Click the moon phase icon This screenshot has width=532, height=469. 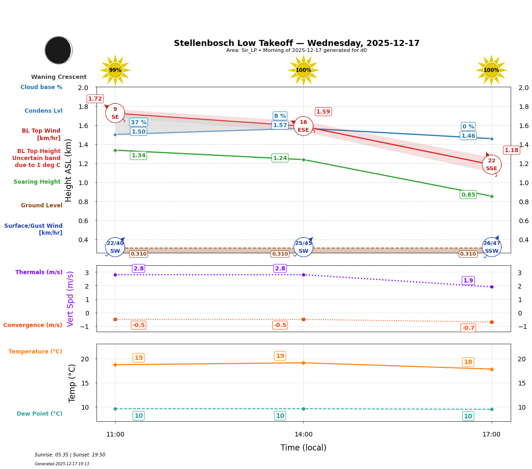[58, 50]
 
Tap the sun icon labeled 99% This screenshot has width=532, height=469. [115, 70]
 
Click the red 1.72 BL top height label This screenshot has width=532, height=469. [95, 99]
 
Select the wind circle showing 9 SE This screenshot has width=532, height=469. [115, 113]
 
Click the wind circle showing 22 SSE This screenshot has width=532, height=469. [491, 165]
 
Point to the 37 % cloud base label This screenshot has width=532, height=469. [138, 122]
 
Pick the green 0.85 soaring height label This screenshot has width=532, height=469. [468, 195]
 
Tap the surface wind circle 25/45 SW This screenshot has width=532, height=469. [303, 247]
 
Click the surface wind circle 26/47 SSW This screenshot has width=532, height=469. [491, 247]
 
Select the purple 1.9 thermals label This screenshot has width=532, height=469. [468, 281]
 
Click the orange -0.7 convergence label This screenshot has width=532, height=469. [468, 328]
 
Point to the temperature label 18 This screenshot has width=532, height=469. [468, 362]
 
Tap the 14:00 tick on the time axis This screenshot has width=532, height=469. [303, 435]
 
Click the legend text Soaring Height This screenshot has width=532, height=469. [37, 182]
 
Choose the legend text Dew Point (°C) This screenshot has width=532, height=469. [39, 414]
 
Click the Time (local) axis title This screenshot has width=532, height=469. [303, 448]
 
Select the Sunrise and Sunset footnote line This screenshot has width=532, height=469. [70, 455]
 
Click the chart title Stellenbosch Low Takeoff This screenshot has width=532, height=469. [296, 43]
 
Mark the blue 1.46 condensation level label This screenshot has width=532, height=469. [468, 136]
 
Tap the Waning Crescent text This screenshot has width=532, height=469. [59, 77]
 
